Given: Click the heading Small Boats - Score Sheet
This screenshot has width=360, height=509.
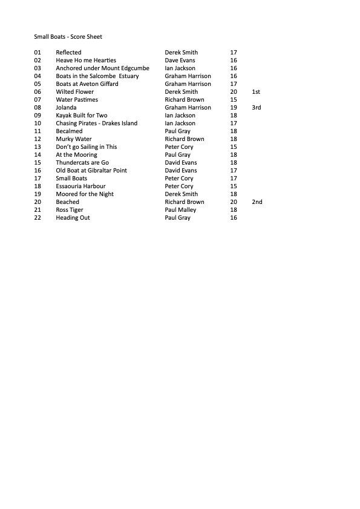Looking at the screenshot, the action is click(68, 37).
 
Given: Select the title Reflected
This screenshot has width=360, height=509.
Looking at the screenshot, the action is click(68, 53).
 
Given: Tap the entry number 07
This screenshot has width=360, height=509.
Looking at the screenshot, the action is click(38, 100).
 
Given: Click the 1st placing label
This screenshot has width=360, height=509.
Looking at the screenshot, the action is click(256, 92).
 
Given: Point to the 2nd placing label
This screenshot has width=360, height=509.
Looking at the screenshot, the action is click(257, 202).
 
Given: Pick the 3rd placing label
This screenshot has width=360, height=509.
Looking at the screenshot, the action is click(257, 108).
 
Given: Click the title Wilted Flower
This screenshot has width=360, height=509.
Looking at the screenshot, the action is click(75, 92).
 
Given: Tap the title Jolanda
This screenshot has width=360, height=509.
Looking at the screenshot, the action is click(67, 108).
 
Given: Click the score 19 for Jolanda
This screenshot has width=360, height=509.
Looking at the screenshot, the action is click(234, 108).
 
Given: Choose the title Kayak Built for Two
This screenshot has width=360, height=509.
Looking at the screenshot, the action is click(82, 116).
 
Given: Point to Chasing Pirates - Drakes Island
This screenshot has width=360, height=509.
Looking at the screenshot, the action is click(97, 123).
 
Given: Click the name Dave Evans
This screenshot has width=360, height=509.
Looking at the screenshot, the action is click(180, 61).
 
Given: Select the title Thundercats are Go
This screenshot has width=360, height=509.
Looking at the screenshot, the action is click(82, 163).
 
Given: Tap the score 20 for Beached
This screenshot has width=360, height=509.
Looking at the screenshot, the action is click(234, 202).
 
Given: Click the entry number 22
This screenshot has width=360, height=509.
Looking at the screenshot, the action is click(38, 218).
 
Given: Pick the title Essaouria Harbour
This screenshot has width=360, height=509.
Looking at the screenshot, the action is click(80, 186).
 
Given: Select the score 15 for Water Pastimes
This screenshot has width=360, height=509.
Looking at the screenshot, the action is click(234, 100).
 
